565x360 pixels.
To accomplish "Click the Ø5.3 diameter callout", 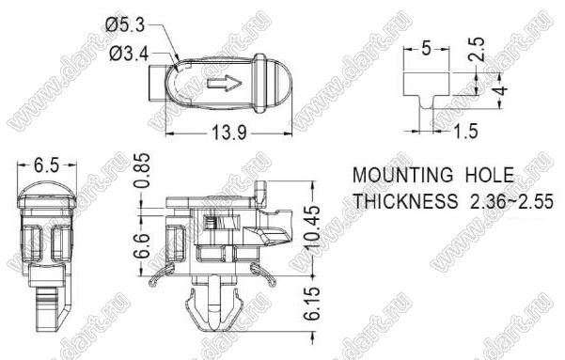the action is pos(125,25).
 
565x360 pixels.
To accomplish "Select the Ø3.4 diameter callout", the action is pos(129,55).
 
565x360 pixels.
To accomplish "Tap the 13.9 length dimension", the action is pos(229,133).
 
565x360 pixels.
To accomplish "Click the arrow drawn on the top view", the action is pos(224,83).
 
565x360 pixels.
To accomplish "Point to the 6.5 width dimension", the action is pos(46,165).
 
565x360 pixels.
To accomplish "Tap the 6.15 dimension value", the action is pos(312,304).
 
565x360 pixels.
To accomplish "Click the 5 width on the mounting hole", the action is pos(426,48).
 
